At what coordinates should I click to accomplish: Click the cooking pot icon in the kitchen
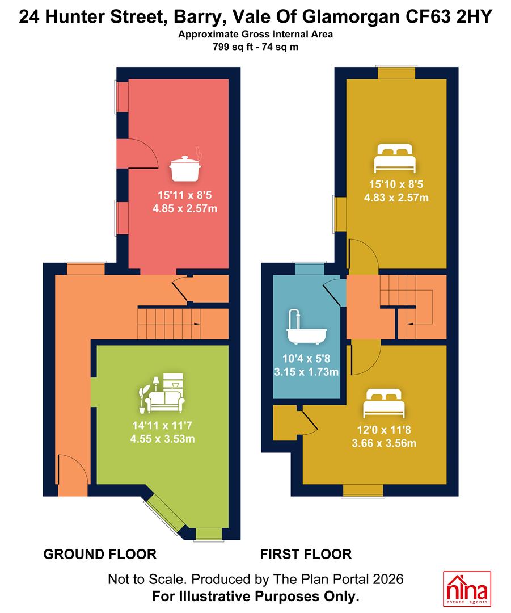pos(185,167)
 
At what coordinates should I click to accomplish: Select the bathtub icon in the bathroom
pos(306,327)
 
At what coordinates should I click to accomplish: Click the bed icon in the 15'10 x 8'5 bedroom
pos(394,158)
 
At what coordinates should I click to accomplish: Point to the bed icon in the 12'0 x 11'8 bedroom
pos(383,404)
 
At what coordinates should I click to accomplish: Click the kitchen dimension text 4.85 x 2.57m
pos(185,208)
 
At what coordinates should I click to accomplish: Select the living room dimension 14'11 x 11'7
pos(162,425)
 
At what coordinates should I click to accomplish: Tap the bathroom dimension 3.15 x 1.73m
pos(306,372)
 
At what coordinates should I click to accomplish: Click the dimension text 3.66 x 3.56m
pos(384,443)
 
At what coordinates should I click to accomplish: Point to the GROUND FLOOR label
pos(100,554)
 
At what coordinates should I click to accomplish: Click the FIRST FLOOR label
pos(306,554)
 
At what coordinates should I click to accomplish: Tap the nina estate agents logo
pos(467,589)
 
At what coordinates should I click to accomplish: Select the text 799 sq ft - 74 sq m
pos(255,47)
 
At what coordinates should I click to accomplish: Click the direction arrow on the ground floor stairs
pos(194,324)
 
